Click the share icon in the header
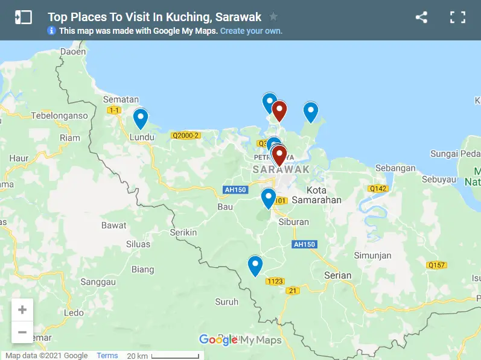421,17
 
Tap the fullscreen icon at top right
457,17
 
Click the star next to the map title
273,17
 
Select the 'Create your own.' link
251,31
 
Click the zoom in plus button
22,310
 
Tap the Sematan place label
121,99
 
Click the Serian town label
337,276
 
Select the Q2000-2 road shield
185,136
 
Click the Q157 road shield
436,265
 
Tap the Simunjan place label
373,255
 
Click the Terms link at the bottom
107,356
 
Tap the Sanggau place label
98,282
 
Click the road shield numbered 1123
275,281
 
